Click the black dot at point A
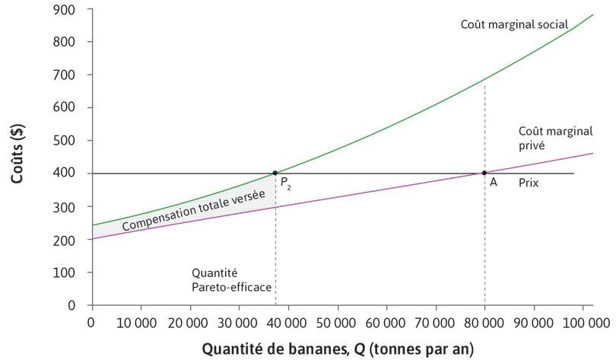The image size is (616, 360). click(484, 173)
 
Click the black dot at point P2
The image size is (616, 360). click(275, 173)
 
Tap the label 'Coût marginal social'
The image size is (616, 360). click(513, 24)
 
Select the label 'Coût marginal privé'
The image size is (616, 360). click(545, 137)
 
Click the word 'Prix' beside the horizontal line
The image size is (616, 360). click(529, 183)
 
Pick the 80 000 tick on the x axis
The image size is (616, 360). click(484, 323)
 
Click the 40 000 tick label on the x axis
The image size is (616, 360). click(287, 323)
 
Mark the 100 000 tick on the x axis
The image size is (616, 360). click(583, 323)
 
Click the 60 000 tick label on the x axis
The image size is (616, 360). click(386, 323)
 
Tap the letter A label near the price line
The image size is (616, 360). click(494, 183)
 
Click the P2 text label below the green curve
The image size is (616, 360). click(284, 183)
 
